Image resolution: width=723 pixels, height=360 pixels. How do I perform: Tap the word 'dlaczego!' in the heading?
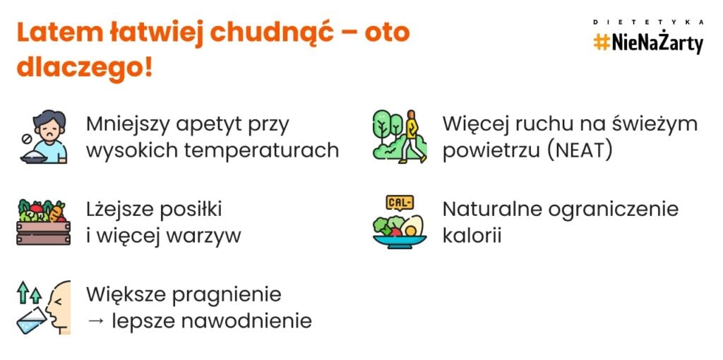(85, 67)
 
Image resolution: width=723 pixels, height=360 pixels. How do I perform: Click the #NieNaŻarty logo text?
(648, 43)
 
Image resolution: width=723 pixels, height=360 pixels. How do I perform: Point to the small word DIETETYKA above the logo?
(648, 22)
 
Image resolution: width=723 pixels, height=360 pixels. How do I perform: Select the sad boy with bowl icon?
(44, 136)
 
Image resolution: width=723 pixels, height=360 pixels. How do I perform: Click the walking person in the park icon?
(400, 136)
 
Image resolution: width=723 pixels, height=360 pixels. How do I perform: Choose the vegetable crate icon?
(43, 222)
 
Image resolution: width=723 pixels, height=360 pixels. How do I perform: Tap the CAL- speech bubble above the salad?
(400, 203)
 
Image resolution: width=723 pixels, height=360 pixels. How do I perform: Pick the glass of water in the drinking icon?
(31, 320)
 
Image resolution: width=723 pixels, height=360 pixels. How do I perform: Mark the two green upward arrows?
(29, 292)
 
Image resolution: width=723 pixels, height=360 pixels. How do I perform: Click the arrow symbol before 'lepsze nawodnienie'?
(95, 321)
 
